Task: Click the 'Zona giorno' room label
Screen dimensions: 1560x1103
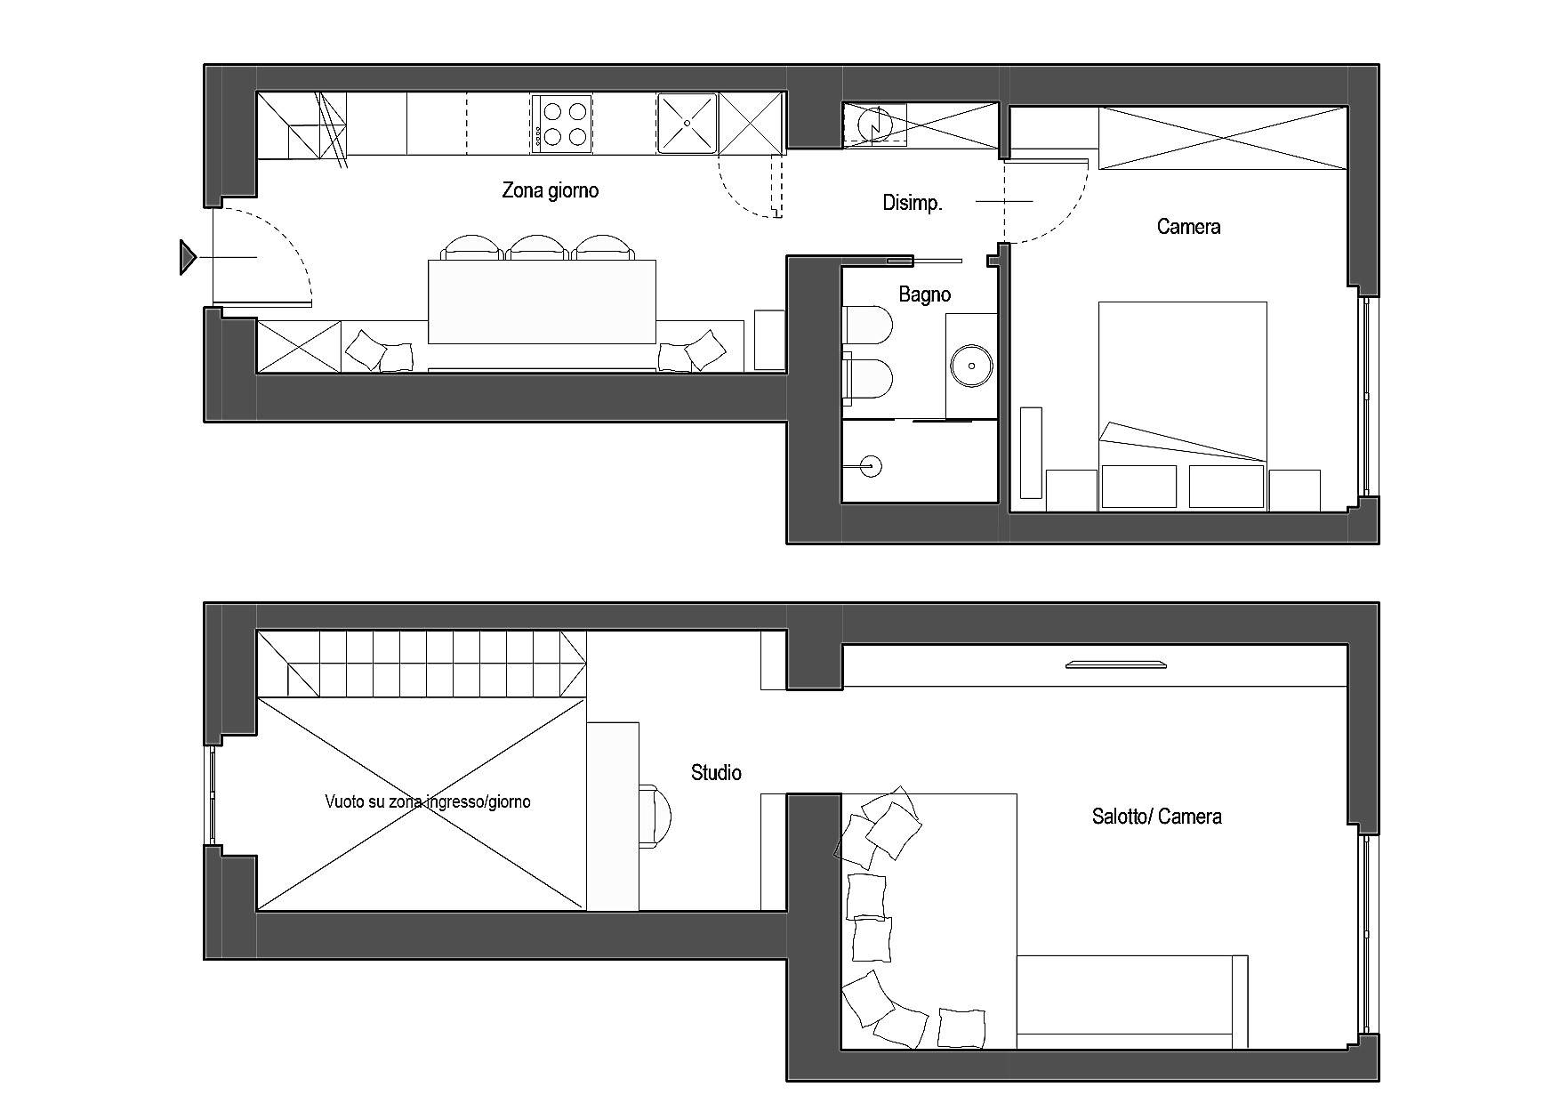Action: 550,190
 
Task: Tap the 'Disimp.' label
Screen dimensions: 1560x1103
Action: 912,203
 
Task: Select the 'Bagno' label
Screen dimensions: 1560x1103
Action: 924,294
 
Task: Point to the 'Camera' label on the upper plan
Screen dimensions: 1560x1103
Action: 1188,227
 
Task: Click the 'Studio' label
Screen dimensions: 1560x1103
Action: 716,773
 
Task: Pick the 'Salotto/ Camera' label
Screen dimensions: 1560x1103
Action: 1156,817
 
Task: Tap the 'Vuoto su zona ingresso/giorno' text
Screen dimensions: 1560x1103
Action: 428,801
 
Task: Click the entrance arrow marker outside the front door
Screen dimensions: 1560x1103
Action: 188,257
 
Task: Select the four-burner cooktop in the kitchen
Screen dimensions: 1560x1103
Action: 562,123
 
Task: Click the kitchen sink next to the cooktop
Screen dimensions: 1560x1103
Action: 687,123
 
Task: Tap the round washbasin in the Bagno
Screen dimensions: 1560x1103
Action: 972,365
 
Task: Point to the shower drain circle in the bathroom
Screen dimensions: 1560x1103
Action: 871,465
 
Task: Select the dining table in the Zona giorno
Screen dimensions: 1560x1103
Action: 543,302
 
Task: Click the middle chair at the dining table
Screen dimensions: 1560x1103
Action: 538,247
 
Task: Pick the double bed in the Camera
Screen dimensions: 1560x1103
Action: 1183,406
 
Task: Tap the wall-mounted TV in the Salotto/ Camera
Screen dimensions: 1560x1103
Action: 1116,664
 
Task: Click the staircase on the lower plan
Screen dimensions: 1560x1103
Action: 422,664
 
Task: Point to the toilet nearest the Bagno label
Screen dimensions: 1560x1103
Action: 867,325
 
